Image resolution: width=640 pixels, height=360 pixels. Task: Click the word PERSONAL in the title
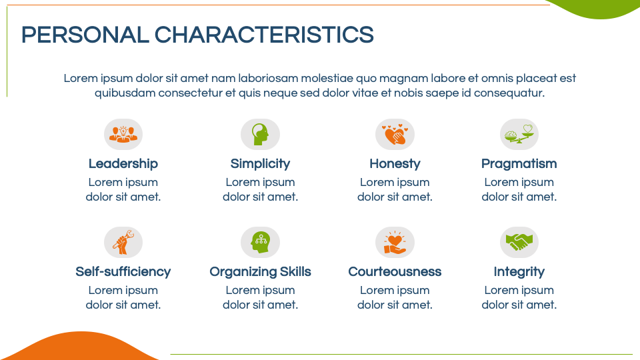click(85, 35)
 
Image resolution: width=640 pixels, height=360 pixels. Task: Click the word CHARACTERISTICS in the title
click(264, 35)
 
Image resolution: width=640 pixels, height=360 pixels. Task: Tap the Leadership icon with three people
click(123, 134)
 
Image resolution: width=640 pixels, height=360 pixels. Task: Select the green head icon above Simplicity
click(261, 134)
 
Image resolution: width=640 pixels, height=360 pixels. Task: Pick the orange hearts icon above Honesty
click(395, 134)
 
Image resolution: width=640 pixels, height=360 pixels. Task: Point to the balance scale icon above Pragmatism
click(519, 134)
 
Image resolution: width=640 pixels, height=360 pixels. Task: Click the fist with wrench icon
click(123, 243)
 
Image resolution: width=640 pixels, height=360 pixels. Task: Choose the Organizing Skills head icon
click(261, 243)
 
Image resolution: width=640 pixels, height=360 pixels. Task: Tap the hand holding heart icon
click(395, 243)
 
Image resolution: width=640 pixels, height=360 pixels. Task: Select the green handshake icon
click(519, 242)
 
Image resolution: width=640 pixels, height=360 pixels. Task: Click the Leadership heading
click(123, 164)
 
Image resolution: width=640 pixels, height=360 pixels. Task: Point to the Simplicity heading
click(261, 164)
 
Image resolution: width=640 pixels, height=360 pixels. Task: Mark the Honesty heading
click(395, 164)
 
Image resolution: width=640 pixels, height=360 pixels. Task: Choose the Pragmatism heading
click(519, 164)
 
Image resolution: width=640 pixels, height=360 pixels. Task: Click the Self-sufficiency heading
click(123, 272)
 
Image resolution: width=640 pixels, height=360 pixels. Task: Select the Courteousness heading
click(395, 272)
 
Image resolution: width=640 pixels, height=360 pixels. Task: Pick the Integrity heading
click(519, 272)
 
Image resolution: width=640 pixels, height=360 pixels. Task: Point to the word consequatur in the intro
click(509, 93)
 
